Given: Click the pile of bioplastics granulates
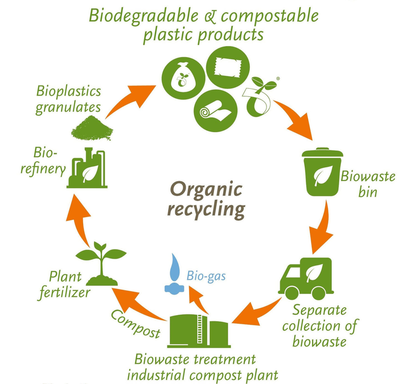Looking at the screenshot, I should [92, 126].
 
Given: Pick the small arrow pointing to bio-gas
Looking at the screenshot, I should [199, 299].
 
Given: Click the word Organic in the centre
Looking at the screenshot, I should [207, 189].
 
